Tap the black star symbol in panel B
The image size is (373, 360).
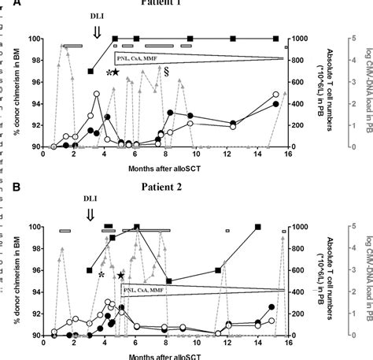(x=120, y=275)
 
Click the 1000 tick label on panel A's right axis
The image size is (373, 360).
(x=300, y=39)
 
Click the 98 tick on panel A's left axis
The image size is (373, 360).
(x=34, y=60)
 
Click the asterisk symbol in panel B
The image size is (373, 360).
(x=102, y=275)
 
